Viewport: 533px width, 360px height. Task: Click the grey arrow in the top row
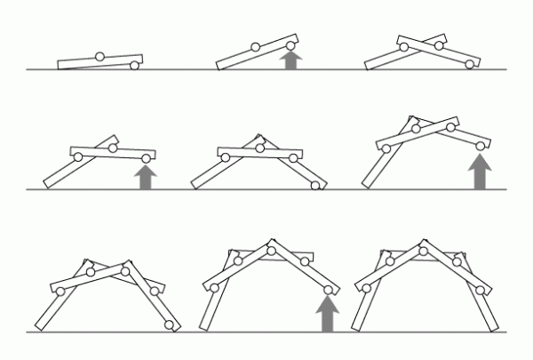(x=290, y=60)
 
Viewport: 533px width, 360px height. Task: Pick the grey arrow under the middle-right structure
(x=481, y=172)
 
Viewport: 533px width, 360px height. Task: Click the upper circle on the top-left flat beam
(x=99, y=56)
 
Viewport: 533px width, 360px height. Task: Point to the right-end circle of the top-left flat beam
(x=134, y=64)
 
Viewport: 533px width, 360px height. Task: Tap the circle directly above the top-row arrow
(x=290, y=40)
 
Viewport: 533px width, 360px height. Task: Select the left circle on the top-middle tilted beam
(x=255, y=47)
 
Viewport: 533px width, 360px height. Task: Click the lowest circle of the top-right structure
(x=470, y=64)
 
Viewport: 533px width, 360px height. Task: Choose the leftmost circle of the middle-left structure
(x=78, y=157)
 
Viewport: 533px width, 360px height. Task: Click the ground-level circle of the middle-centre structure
(x=315, y=186)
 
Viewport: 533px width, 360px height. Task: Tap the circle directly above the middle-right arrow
(x=481, y=145)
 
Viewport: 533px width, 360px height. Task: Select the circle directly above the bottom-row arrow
(x=329, y=289)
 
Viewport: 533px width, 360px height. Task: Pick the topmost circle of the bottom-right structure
(x=423, y=251)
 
